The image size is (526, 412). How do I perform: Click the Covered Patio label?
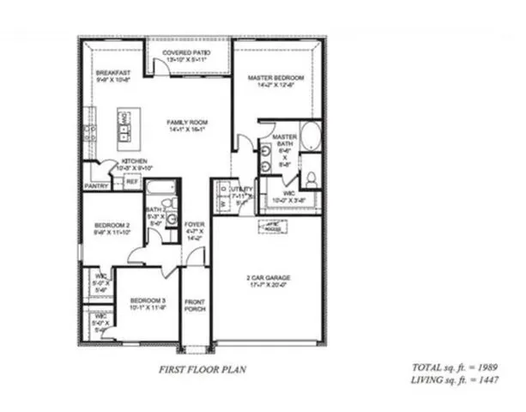click(188, 55)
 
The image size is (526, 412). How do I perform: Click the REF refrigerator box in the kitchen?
click(132, 182)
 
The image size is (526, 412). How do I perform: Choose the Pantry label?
click(95, 185)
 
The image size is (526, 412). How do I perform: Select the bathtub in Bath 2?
click(160, 186)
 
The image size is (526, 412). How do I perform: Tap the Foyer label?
click(194, 227)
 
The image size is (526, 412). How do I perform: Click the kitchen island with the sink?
click(125, 126)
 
